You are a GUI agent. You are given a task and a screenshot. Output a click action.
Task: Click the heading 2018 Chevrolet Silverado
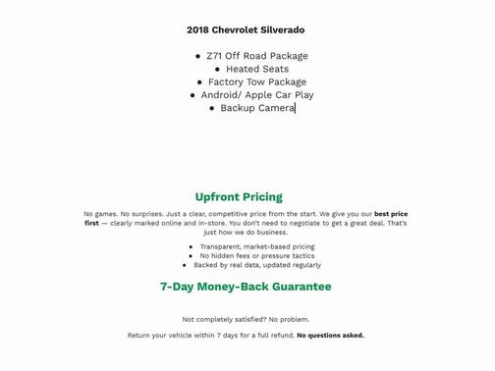pos(246,30)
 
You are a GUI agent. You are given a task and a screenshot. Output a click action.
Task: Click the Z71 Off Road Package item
pos(256,56)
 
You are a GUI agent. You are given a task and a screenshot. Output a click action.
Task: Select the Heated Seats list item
pos(257,69)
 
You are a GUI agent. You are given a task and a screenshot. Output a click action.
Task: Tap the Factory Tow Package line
pos(257,82)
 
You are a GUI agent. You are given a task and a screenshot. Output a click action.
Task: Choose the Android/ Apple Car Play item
pos(257,95)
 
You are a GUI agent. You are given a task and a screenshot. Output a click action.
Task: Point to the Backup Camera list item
pos(257,108)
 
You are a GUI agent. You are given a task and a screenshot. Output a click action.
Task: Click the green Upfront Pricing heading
pos(239,197)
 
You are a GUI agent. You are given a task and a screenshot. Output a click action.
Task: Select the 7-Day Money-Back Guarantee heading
pos(246,287)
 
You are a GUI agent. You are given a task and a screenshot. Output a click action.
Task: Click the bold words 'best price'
pos(391,214)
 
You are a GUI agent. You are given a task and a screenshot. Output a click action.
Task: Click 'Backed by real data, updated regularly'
pos(257,265)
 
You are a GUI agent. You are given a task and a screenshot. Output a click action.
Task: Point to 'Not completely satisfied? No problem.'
pos(246,319)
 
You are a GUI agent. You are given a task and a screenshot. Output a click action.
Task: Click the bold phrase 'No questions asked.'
pos(330,336)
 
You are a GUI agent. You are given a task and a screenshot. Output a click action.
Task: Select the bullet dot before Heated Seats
pos(214,70)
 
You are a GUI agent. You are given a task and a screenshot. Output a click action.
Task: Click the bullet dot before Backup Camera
pos(213,109)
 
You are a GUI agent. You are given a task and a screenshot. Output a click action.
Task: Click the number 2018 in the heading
pos(198,30)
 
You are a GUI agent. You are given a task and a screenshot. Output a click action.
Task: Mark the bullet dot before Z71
pos(198,57)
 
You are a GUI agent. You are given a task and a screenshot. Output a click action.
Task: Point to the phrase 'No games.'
pos(100,214)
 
